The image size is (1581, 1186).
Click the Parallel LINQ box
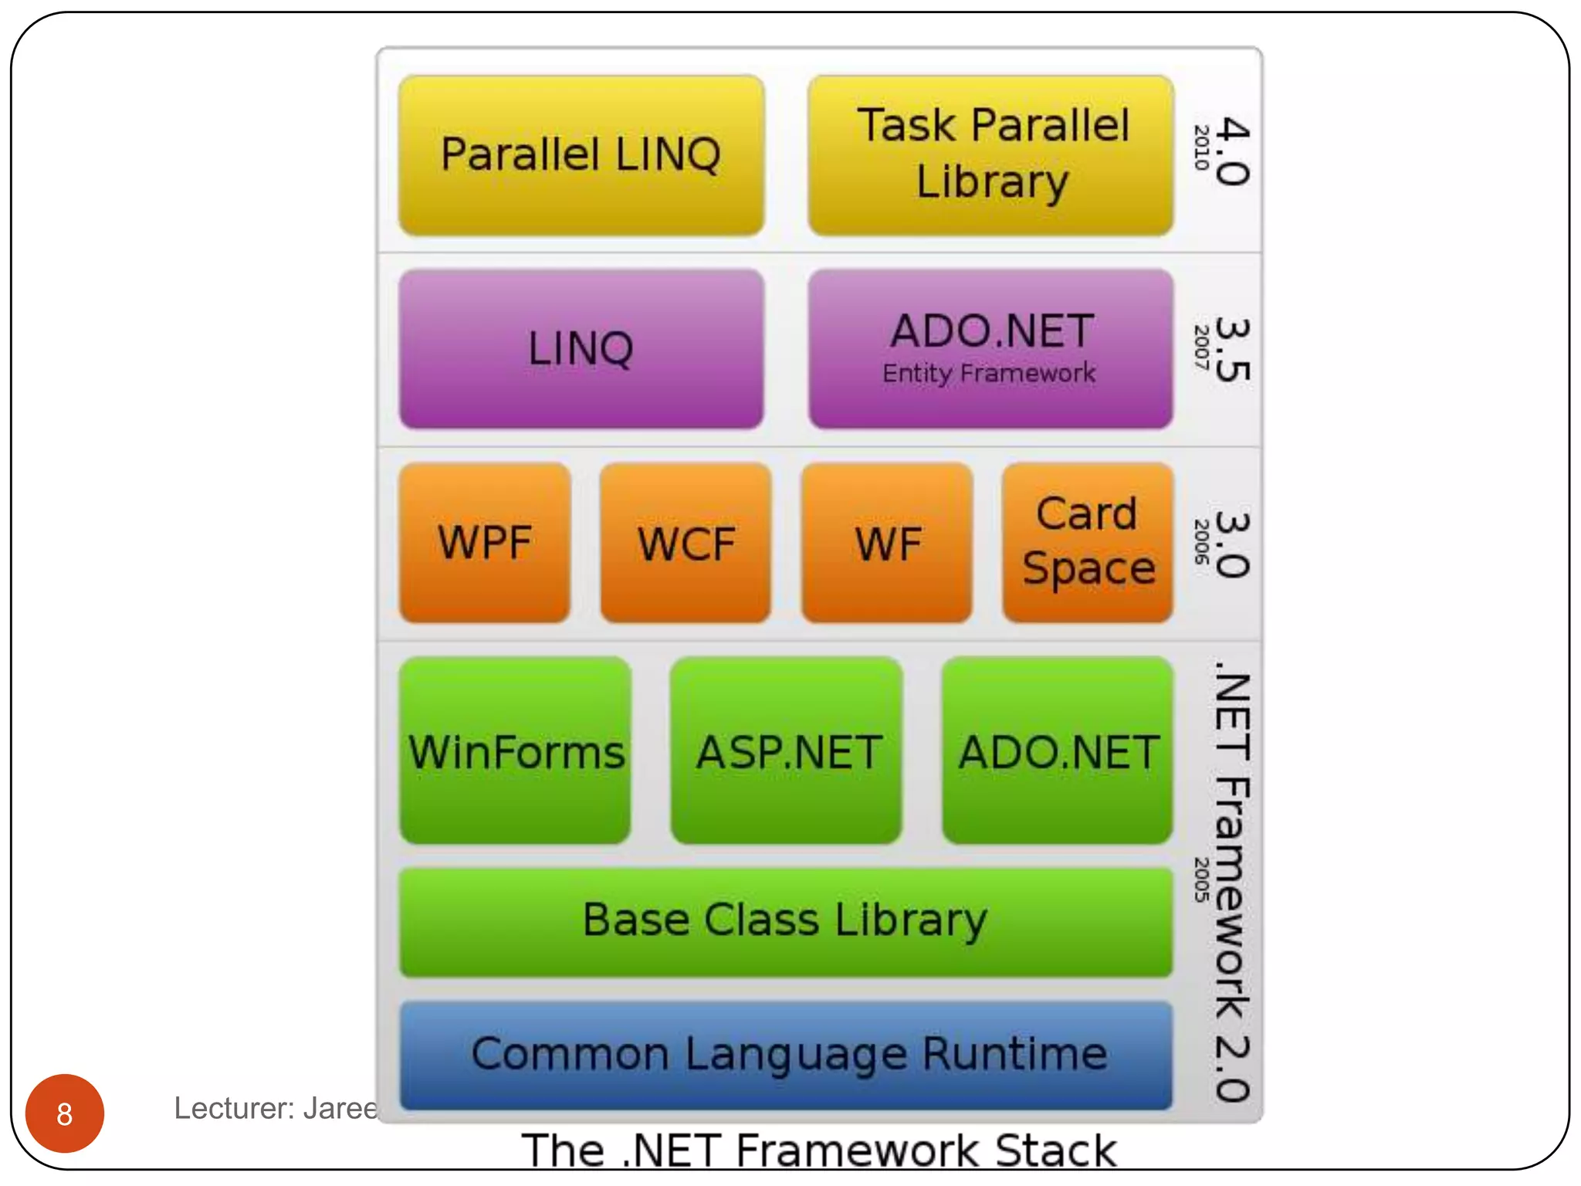pos(581,155)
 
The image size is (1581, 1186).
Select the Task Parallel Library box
pos(991,155)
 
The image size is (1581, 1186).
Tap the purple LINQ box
pos(581,349)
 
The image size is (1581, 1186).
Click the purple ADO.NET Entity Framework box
pos(991,349)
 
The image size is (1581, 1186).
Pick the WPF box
pos(485,543)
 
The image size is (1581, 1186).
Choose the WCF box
pos(686,543)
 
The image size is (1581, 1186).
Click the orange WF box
pos(887,543)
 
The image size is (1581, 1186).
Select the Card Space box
pos(1088,543)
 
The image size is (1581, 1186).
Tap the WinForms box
pos(516,751)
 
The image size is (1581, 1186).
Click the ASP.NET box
pos(787,751)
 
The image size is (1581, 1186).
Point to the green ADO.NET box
pos(1058,751)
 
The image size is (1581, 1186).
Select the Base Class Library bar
pos(786,922)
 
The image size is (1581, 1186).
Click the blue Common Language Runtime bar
pos(786,1056)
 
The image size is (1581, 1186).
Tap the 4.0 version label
pos(1232,151)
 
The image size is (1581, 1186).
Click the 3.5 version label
pos(1232,350)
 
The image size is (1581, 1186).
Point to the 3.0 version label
pos(1232,544)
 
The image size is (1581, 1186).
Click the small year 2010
pos(1201,147)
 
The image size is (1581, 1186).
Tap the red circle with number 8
pos(65,1113)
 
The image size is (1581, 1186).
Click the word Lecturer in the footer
pos(233,1109)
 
